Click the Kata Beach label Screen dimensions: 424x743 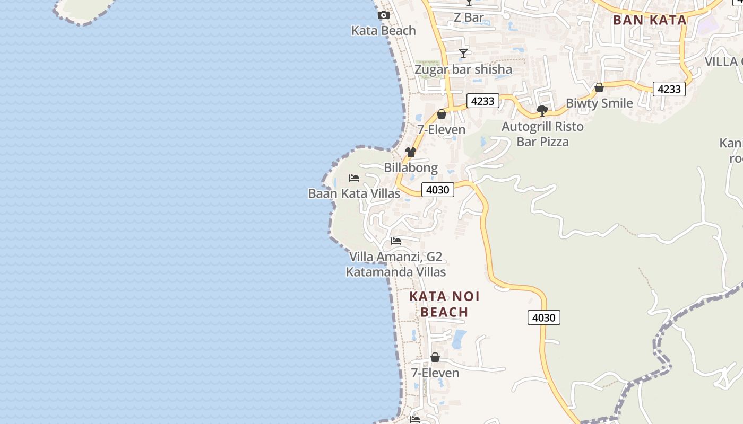(383, 31)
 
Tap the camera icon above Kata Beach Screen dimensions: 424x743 (383, 15)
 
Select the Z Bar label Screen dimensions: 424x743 (469, 17)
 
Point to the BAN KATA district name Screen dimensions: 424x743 (650, 20)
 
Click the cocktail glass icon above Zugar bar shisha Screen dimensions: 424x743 (463, 54)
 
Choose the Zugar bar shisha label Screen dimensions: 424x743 (463, 69)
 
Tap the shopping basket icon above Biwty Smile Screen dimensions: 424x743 (599, 87)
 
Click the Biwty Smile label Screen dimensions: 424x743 (599, 103)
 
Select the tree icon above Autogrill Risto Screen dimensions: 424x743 (542, 111)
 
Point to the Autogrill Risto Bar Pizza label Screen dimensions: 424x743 (542, 134)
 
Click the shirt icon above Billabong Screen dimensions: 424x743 (411, 152)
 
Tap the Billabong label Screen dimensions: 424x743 (411, 168)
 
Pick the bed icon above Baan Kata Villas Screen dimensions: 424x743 (354, 178)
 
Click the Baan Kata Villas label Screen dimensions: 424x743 (354, 193)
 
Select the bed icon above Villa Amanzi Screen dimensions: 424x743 (396, 241)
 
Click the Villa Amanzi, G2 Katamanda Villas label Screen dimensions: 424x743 (396, 264)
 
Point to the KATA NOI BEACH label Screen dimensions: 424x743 (444, 304)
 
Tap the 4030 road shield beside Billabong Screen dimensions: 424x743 (438, 190)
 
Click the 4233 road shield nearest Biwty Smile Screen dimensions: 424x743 (669, 89)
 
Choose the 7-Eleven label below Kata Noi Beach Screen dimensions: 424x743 (435, 373)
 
